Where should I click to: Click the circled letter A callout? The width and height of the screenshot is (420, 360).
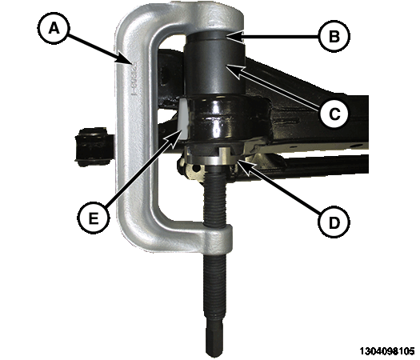pyautogui.click(x=54, y=28)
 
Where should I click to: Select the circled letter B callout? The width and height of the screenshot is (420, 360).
pyautogui.click(x=334, y=36)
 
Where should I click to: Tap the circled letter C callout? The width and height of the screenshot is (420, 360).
pyautogui.click(x=334, y=114)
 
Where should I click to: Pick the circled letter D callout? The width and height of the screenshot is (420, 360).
pyautogui.click(x=334, y=222)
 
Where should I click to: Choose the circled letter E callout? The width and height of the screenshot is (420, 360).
pyautogui.click(x=94, y=218)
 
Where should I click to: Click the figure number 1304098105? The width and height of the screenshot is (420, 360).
pyautogui.click(x=387, y=351)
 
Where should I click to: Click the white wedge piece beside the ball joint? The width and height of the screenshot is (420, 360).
pyautogui.click(x=184, y=118)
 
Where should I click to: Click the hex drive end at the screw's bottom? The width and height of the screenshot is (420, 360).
pyautogui.click(x=214, y=339)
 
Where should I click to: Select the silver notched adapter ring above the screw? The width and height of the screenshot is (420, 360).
pyautogui.click(x=212, y=158)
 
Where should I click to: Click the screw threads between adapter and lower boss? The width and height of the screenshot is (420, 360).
pyautogui.click(x=215, y=198)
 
